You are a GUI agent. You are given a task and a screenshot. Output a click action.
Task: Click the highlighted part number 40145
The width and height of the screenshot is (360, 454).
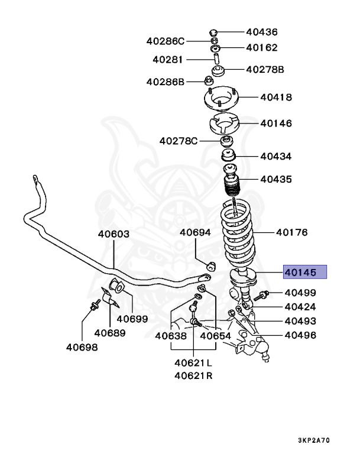(304, 273)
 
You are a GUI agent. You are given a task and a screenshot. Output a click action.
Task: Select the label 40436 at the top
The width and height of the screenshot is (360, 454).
(262, 32)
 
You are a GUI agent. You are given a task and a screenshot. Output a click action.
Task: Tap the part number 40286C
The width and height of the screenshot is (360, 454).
(166, 41)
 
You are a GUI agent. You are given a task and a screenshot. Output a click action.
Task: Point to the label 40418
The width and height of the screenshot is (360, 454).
(277, 97)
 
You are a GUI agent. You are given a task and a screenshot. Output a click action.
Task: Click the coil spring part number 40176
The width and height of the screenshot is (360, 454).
(292, 232)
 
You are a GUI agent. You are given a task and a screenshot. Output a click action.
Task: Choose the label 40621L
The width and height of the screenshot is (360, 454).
(193, 362)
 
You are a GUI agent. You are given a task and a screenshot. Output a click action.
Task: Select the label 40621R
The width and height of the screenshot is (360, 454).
(193, 376)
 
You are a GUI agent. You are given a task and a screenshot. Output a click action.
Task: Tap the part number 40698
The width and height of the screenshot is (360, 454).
(82, 347)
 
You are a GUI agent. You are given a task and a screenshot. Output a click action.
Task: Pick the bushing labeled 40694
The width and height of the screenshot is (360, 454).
(210, 263)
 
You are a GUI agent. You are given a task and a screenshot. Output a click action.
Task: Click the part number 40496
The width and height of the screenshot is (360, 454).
(300, 335)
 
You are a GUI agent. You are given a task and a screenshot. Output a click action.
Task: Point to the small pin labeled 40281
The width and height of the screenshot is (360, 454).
(216, 60)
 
